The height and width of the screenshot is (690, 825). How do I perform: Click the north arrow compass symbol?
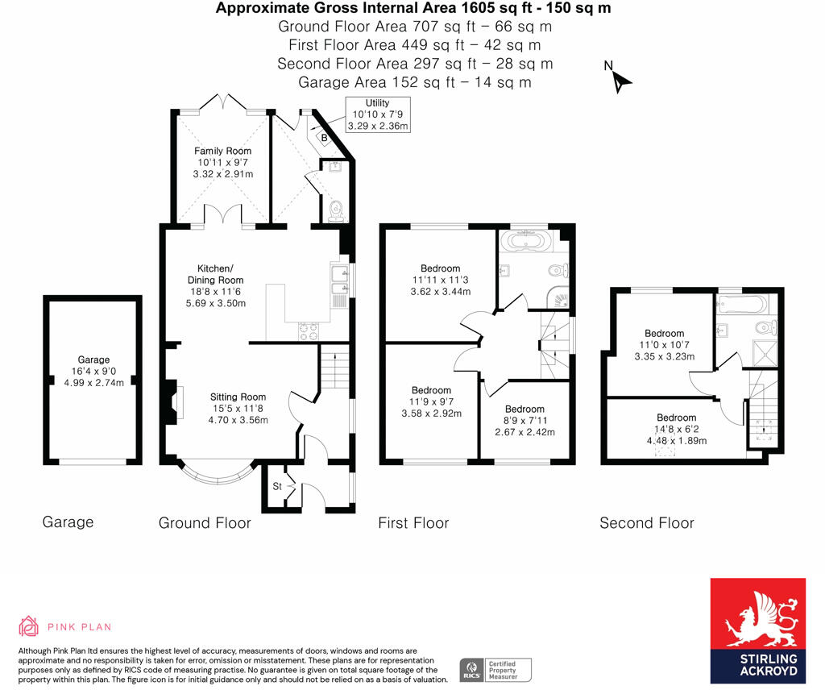click(x=620, y=79)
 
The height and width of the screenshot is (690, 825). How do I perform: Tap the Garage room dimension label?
click(x=94, y=372)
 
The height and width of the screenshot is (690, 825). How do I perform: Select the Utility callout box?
click(x=378, y=114)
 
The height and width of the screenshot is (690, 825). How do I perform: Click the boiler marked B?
click(x=324, y=138)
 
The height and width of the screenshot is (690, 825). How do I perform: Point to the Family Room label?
click(x=223, y=162)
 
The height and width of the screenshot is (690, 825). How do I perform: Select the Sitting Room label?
click(x=238, y=408)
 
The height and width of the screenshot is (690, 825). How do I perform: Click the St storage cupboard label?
click(x=277, y=486)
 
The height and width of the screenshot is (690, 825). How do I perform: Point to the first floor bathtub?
click(x=526, y=241)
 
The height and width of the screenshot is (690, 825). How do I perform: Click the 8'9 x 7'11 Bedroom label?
click(x=524, y=420)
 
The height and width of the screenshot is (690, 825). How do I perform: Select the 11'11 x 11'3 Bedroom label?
click(x=440, y=280)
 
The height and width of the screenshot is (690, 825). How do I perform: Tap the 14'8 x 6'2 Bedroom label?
click(x=676, y=429)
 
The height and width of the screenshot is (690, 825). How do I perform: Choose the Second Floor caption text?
click(x=646, y=523)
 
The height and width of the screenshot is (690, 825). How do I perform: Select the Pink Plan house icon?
click(x=29, y=626)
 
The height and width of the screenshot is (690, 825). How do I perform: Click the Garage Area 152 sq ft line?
click(x=414, y=82)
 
